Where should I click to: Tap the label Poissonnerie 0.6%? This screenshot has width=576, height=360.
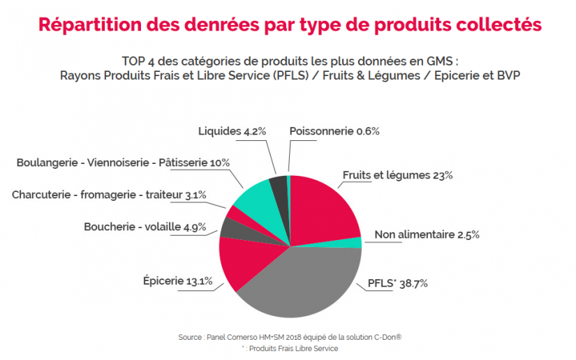tap(334, 131)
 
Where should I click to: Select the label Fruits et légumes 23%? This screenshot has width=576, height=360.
tap(397, 175)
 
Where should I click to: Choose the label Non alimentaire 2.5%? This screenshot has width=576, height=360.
tap(427, 234)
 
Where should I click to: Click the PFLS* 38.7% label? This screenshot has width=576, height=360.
tap(397, 283)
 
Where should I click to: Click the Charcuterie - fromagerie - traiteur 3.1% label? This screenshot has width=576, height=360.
tap(108, 195)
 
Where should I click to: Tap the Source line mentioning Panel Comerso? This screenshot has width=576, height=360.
tap(290, 337)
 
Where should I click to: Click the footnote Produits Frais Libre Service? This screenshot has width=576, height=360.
tap(293, 348)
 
